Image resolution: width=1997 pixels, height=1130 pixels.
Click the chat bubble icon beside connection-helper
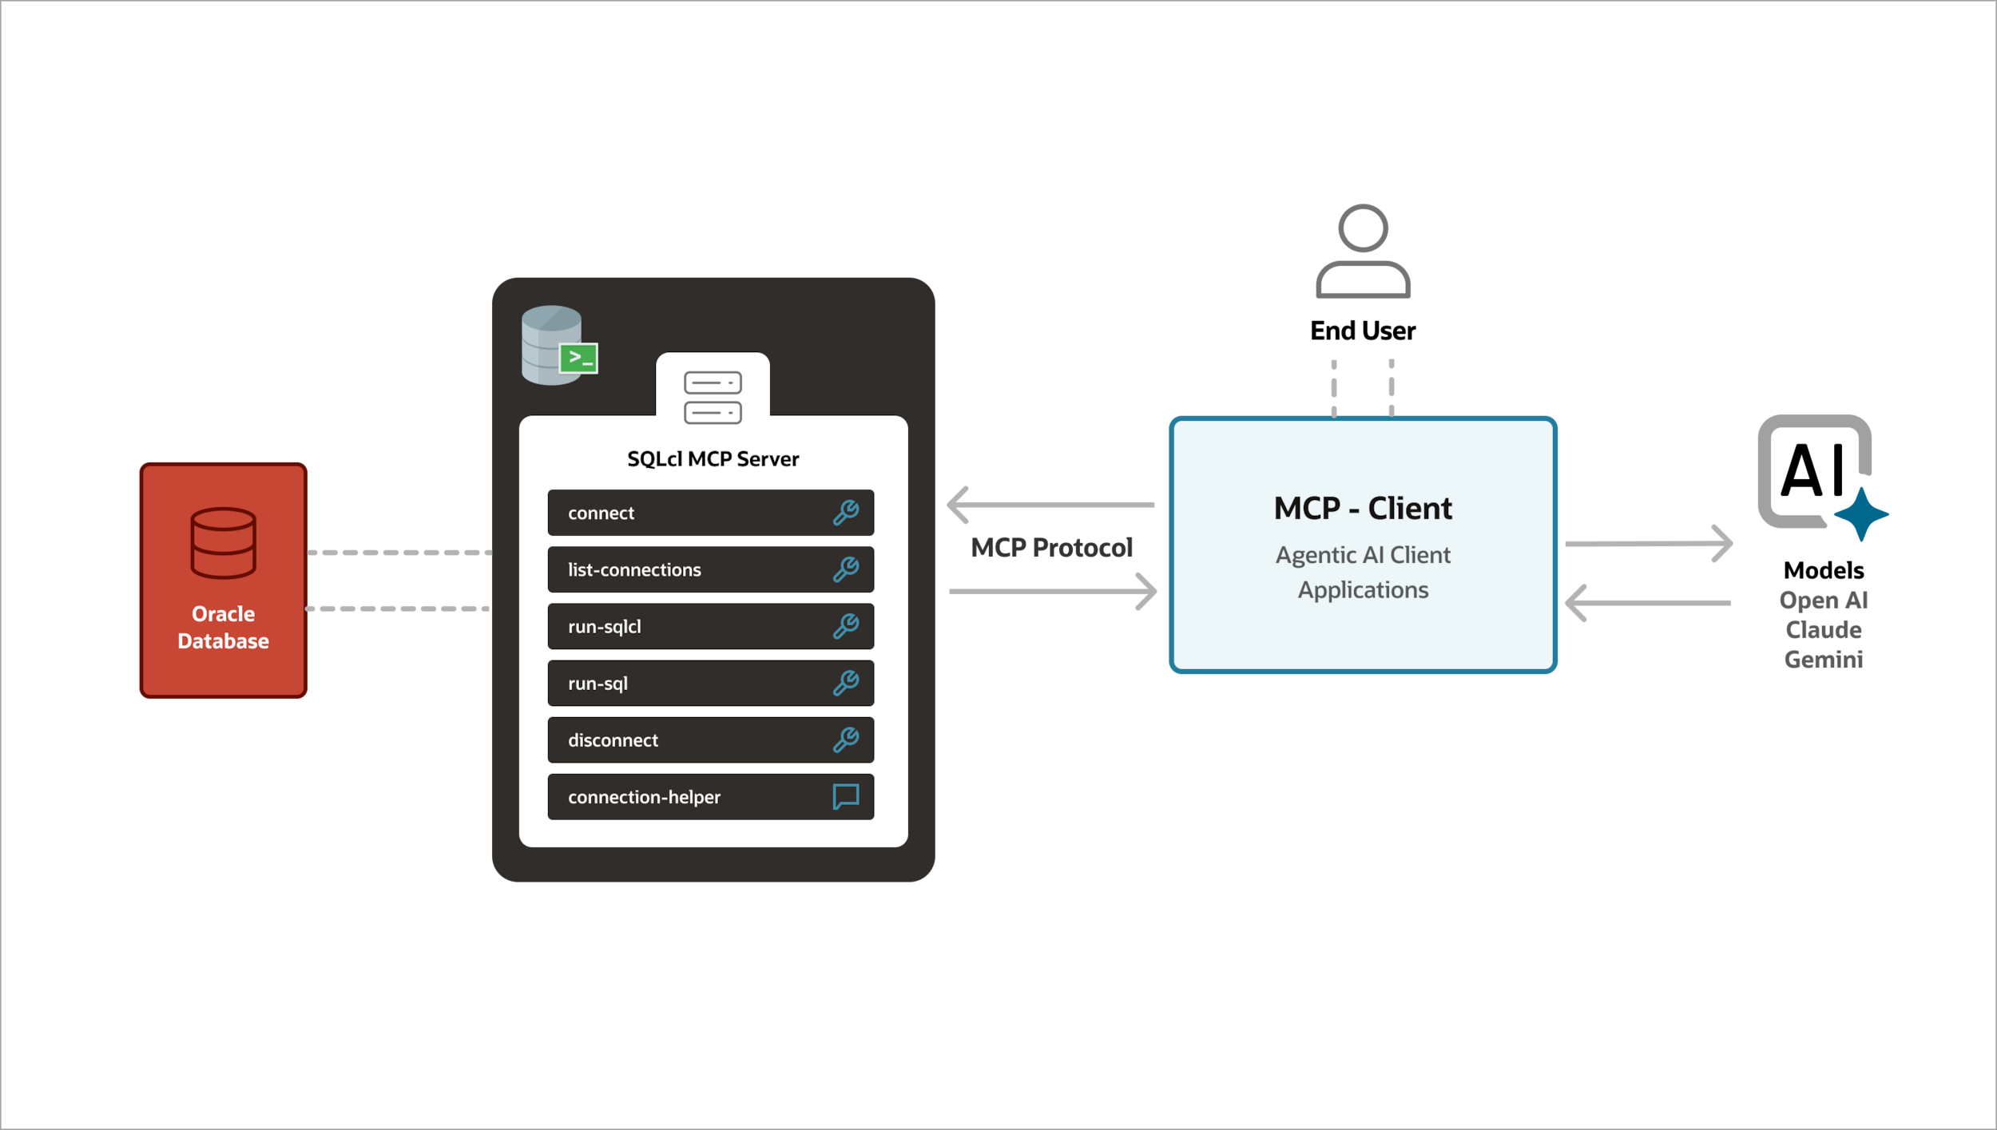point(845,796)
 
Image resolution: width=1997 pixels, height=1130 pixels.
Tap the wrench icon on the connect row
point(845,513)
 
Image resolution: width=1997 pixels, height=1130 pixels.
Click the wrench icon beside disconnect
point(845,739)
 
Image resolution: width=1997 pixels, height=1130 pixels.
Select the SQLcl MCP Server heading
point(713,459)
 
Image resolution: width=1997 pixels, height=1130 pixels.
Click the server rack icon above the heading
point(713,397)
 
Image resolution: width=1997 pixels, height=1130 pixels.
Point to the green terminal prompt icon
point(578,358)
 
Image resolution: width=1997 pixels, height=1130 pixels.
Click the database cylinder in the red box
point(223,542)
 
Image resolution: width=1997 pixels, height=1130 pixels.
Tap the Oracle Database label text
point(223,628)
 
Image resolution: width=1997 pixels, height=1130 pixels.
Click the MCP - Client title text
point(1363,509)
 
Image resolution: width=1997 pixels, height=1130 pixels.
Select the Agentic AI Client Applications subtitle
point(1363,572)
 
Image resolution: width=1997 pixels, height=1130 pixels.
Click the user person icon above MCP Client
point(1363,251)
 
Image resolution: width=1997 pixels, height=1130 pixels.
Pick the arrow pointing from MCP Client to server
point(1050,505)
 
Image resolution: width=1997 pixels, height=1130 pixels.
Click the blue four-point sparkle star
point(1861,514)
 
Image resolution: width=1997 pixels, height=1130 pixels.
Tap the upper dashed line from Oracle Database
point(399,552)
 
